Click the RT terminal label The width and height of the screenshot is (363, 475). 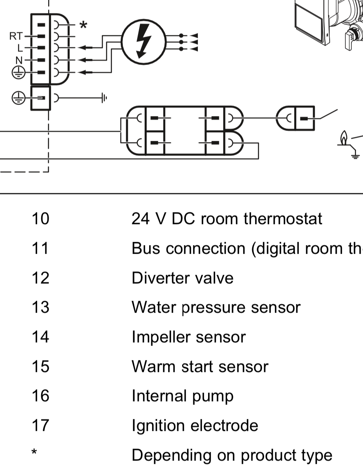pos(16,36)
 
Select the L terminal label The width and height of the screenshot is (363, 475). pos(20,48)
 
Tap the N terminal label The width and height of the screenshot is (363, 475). pos(19,60)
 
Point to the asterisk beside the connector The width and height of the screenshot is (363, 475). pos(83,25)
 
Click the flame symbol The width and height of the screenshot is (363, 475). pos(343,138)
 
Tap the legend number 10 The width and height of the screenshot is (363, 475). pos(40,219)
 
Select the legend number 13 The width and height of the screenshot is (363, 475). pos(40,307)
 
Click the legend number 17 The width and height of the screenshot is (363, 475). pos(40,425)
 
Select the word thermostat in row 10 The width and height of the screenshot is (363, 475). pos(283,219)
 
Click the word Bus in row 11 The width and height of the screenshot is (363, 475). pos(146,248)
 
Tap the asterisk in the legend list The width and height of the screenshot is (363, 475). pos(34,452)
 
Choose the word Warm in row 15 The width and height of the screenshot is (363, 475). pos(154,366)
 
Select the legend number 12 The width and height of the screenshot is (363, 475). pos(40,278)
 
